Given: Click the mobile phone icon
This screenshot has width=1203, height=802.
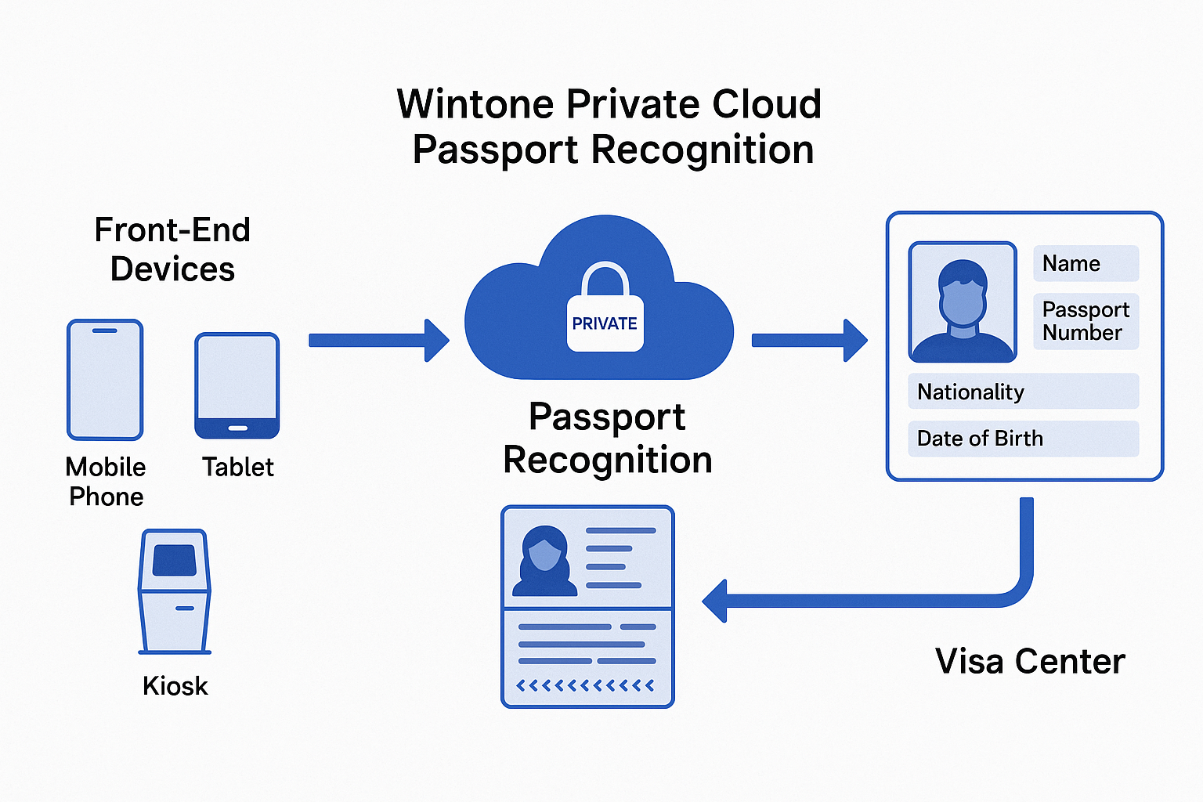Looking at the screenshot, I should click(105, 380).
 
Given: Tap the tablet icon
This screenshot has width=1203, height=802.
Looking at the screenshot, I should click(237, 385).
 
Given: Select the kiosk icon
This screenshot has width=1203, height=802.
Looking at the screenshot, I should click(174, 591).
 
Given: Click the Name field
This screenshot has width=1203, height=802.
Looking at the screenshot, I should click(1086, 263).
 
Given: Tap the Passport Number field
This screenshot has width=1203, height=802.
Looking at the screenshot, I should click(1086, 321).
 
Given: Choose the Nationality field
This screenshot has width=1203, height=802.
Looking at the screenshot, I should click(1023, 392).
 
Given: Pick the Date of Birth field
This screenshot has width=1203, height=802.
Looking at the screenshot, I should click(1023, 439).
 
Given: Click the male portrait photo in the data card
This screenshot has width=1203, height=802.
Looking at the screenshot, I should click(963, 302).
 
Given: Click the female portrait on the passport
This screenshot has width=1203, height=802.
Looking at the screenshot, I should click(544, 561).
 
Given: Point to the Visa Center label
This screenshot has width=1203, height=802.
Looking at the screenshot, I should click(1030, 662).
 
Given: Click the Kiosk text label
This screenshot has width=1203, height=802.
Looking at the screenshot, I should click(175, 686).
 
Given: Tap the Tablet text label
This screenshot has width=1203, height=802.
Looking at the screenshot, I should click(238, 467).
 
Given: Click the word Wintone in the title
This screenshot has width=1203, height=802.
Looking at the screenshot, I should click(475, 104).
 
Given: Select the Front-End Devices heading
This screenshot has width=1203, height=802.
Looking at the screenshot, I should click(172, 249).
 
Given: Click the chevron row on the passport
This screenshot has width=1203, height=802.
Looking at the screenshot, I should click(585, 686).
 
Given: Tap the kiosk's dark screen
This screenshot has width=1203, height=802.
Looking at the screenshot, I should click(174, 560).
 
